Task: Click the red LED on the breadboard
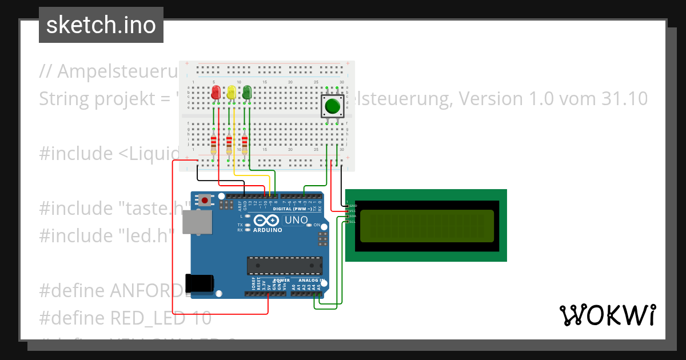(x=216, y=93)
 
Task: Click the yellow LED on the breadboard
(x=231, y=93)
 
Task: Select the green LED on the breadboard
(x=247, y=93)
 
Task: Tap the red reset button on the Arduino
(x=205, y=200)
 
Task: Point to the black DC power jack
(x=199, y=283)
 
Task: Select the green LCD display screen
(x=426, y=226)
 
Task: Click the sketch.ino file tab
(x=101, y=25)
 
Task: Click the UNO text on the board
(x=296, y=220)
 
